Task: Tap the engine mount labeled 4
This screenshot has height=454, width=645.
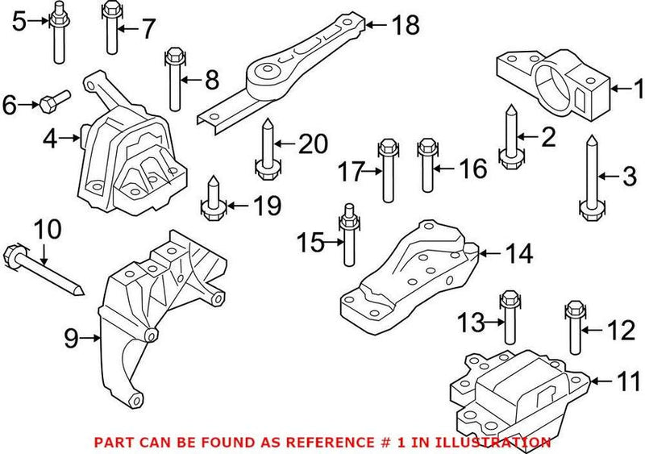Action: tap(129, 161)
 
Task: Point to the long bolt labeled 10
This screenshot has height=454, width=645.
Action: tap(44, 270)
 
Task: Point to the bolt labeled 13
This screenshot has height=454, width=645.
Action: tap(509, 319)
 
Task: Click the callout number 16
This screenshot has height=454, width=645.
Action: tap(473, 169)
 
